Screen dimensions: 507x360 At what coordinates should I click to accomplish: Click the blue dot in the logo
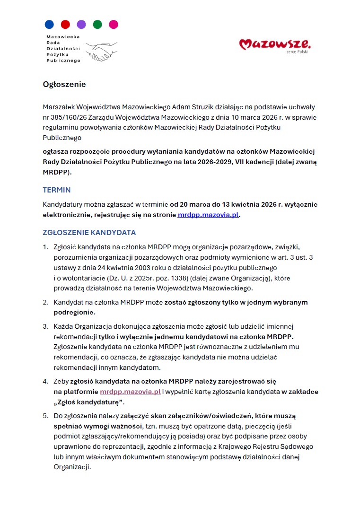click(x=49, y=24)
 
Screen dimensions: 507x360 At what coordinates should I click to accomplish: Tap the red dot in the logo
click(x=65, y=24)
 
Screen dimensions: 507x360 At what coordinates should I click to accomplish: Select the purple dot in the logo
click(x=81, y=24)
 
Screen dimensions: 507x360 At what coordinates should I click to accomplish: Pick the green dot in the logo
click(x=97, y=24)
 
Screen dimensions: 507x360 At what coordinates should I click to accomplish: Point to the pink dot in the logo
click(x=114, y=24)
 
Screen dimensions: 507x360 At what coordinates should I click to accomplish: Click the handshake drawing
click(x=101, y=49)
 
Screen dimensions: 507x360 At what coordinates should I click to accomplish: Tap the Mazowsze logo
click(x=274, y=45)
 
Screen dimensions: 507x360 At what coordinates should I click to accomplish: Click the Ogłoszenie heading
click(x=64, y=85)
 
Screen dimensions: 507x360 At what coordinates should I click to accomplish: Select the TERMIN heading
click(x=57, y=190)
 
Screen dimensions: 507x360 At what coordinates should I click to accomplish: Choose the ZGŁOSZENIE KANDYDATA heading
click(x=89, y=233)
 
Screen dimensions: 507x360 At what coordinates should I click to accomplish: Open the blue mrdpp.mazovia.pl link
click(x=208, y=215)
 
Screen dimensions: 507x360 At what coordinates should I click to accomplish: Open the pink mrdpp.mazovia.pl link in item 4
click(x=130, y=392)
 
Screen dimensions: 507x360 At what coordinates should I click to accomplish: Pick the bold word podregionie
click(x=75, y=313)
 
